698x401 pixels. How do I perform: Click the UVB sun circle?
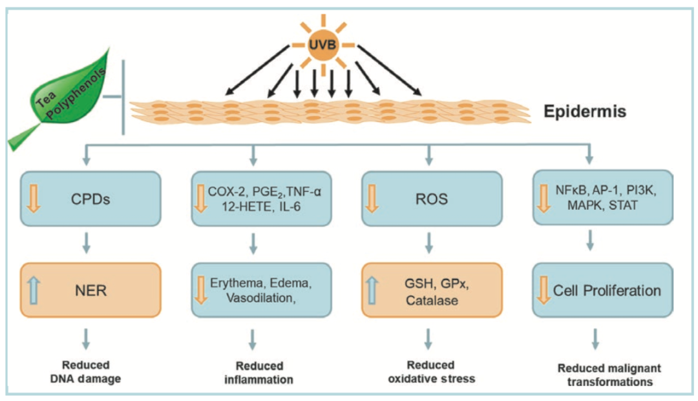click(x=322, y=46)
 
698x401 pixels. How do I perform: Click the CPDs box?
click(x=90, y=198)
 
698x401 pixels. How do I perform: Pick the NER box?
click(x=90, y=290)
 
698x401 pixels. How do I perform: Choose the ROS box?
click(x=431, y=198)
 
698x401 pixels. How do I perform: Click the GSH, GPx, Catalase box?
click(x=431, y=290)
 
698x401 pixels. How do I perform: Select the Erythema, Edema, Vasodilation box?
click(x=260, y=290)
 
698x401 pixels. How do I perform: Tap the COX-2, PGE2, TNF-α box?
click(x=260, y=198)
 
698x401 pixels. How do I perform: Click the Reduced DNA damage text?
click(x=87, y=372)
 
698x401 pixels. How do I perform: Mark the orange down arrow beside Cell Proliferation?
click(x=544, y=290)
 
